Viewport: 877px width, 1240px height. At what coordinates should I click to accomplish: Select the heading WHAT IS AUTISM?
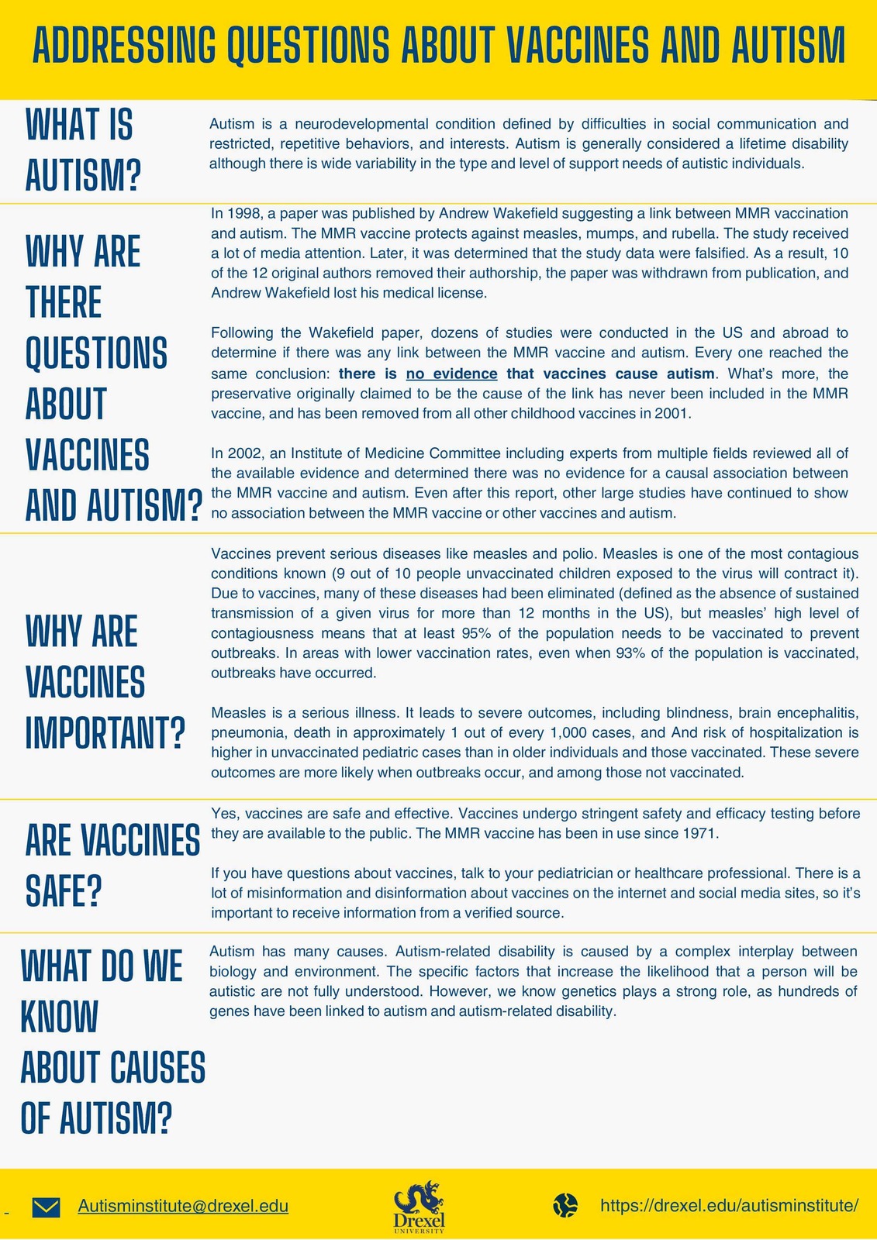[84, 150]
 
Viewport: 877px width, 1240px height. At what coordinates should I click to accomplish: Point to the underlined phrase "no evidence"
[451, 374]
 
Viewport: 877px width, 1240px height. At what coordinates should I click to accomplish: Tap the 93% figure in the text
[630, 653]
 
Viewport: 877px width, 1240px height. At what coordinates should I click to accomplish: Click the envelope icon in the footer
[46, 1207]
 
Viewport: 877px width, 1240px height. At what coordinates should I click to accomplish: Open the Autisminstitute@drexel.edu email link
[183, 1206]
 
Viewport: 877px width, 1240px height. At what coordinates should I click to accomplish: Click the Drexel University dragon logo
[420, 1205]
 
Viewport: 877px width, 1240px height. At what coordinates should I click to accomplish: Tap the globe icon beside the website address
[565, 1206]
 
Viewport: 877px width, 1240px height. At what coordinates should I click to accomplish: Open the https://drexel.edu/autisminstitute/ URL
[729, 1206]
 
